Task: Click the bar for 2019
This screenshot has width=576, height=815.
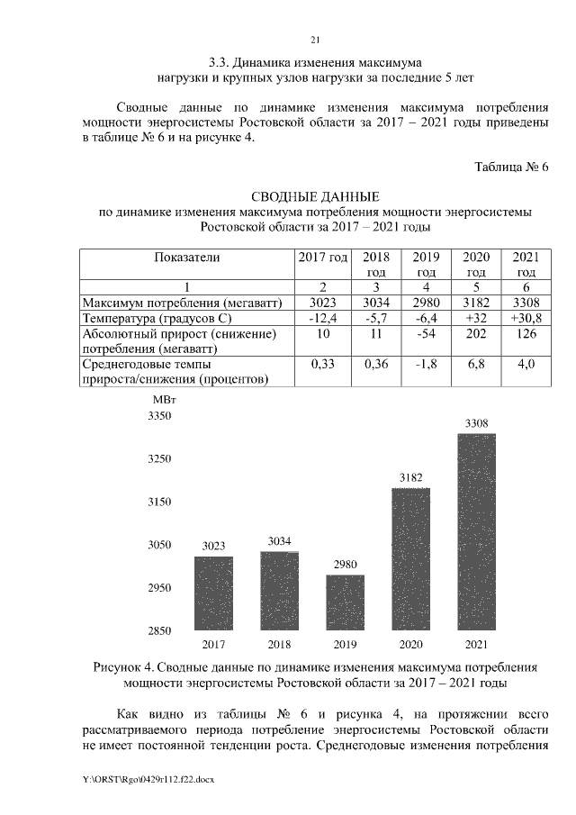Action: coord(345,602)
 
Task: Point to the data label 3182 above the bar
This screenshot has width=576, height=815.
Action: coord(410,477)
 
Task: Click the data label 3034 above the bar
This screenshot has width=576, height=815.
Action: coord(279,540)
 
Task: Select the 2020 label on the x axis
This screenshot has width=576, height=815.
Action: coord(410,645)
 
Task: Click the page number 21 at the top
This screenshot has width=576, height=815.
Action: coord(315,40)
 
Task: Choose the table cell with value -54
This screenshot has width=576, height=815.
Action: coord(427,334)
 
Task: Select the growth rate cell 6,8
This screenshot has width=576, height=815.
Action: coord(476,364)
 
